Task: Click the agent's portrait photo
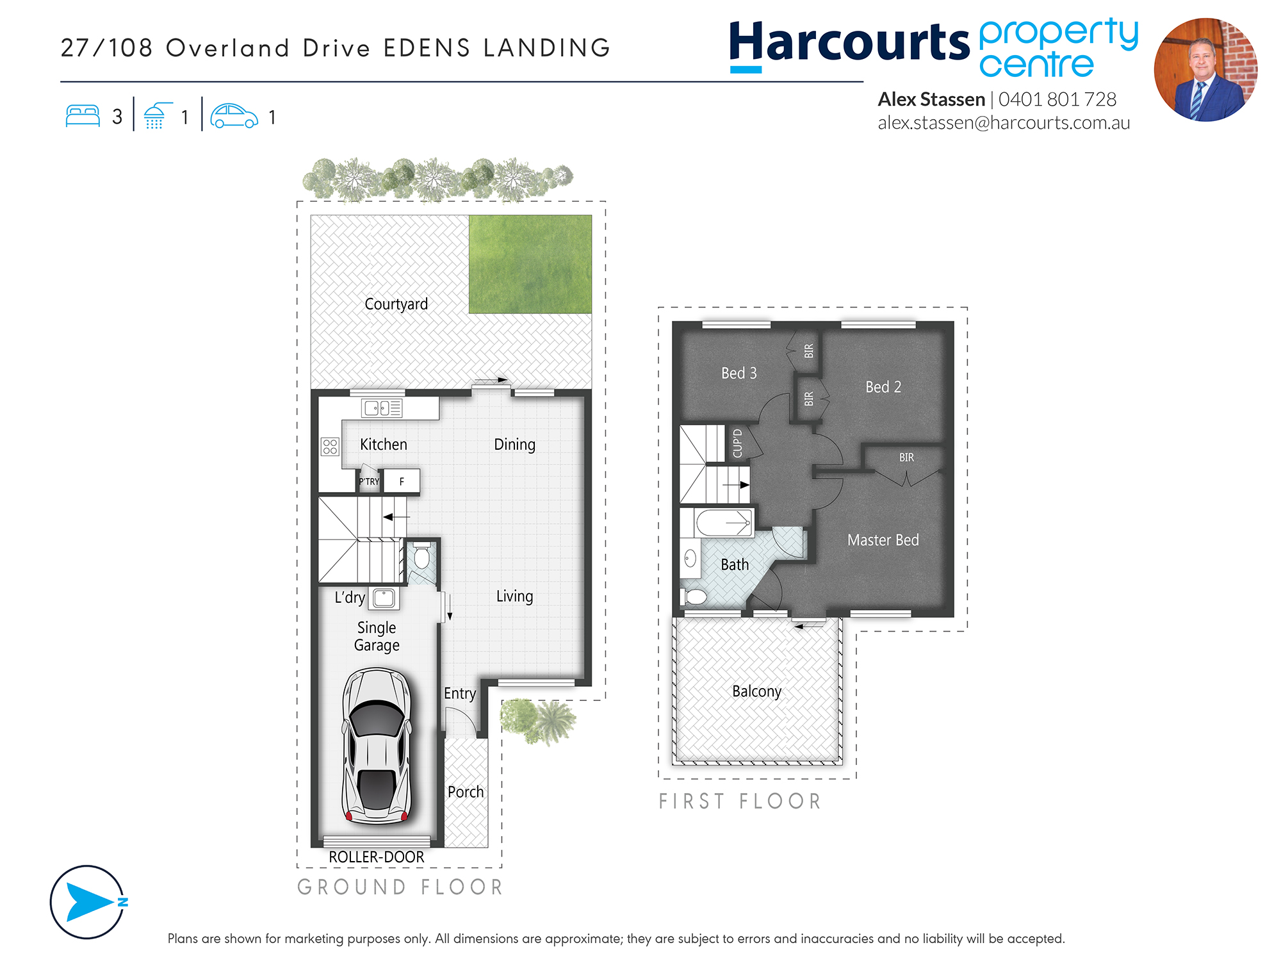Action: point(1205,70)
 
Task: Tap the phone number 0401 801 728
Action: point(1057,99)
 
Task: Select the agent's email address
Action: point(1004,123)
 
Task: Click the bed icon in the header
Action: point(83,116)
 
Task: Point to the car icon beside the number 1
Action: point(234,116)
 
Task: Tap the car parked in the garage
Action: point(377,746)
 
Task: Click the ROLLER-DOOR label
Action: point(377,857)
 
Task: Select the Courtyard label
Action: point(396,304)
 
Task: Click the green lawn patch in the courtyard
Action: point(530,264)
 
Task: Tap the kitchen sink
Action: point(382,408)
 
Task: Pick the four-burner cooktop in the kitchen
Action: point(330,447)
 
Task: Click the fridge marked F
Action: point(402,481)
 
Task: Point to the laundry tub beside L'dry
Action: point(384,598)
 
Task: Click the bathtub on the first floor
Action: point(724,523)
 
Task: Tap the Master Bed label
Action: point(883,540)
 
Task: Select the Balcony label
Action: point(756,691)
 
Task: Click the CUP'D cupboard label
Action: point(737,443)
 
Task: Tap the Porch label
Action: point(466,792)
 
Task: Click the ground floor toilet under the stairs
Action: point(421,557)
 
